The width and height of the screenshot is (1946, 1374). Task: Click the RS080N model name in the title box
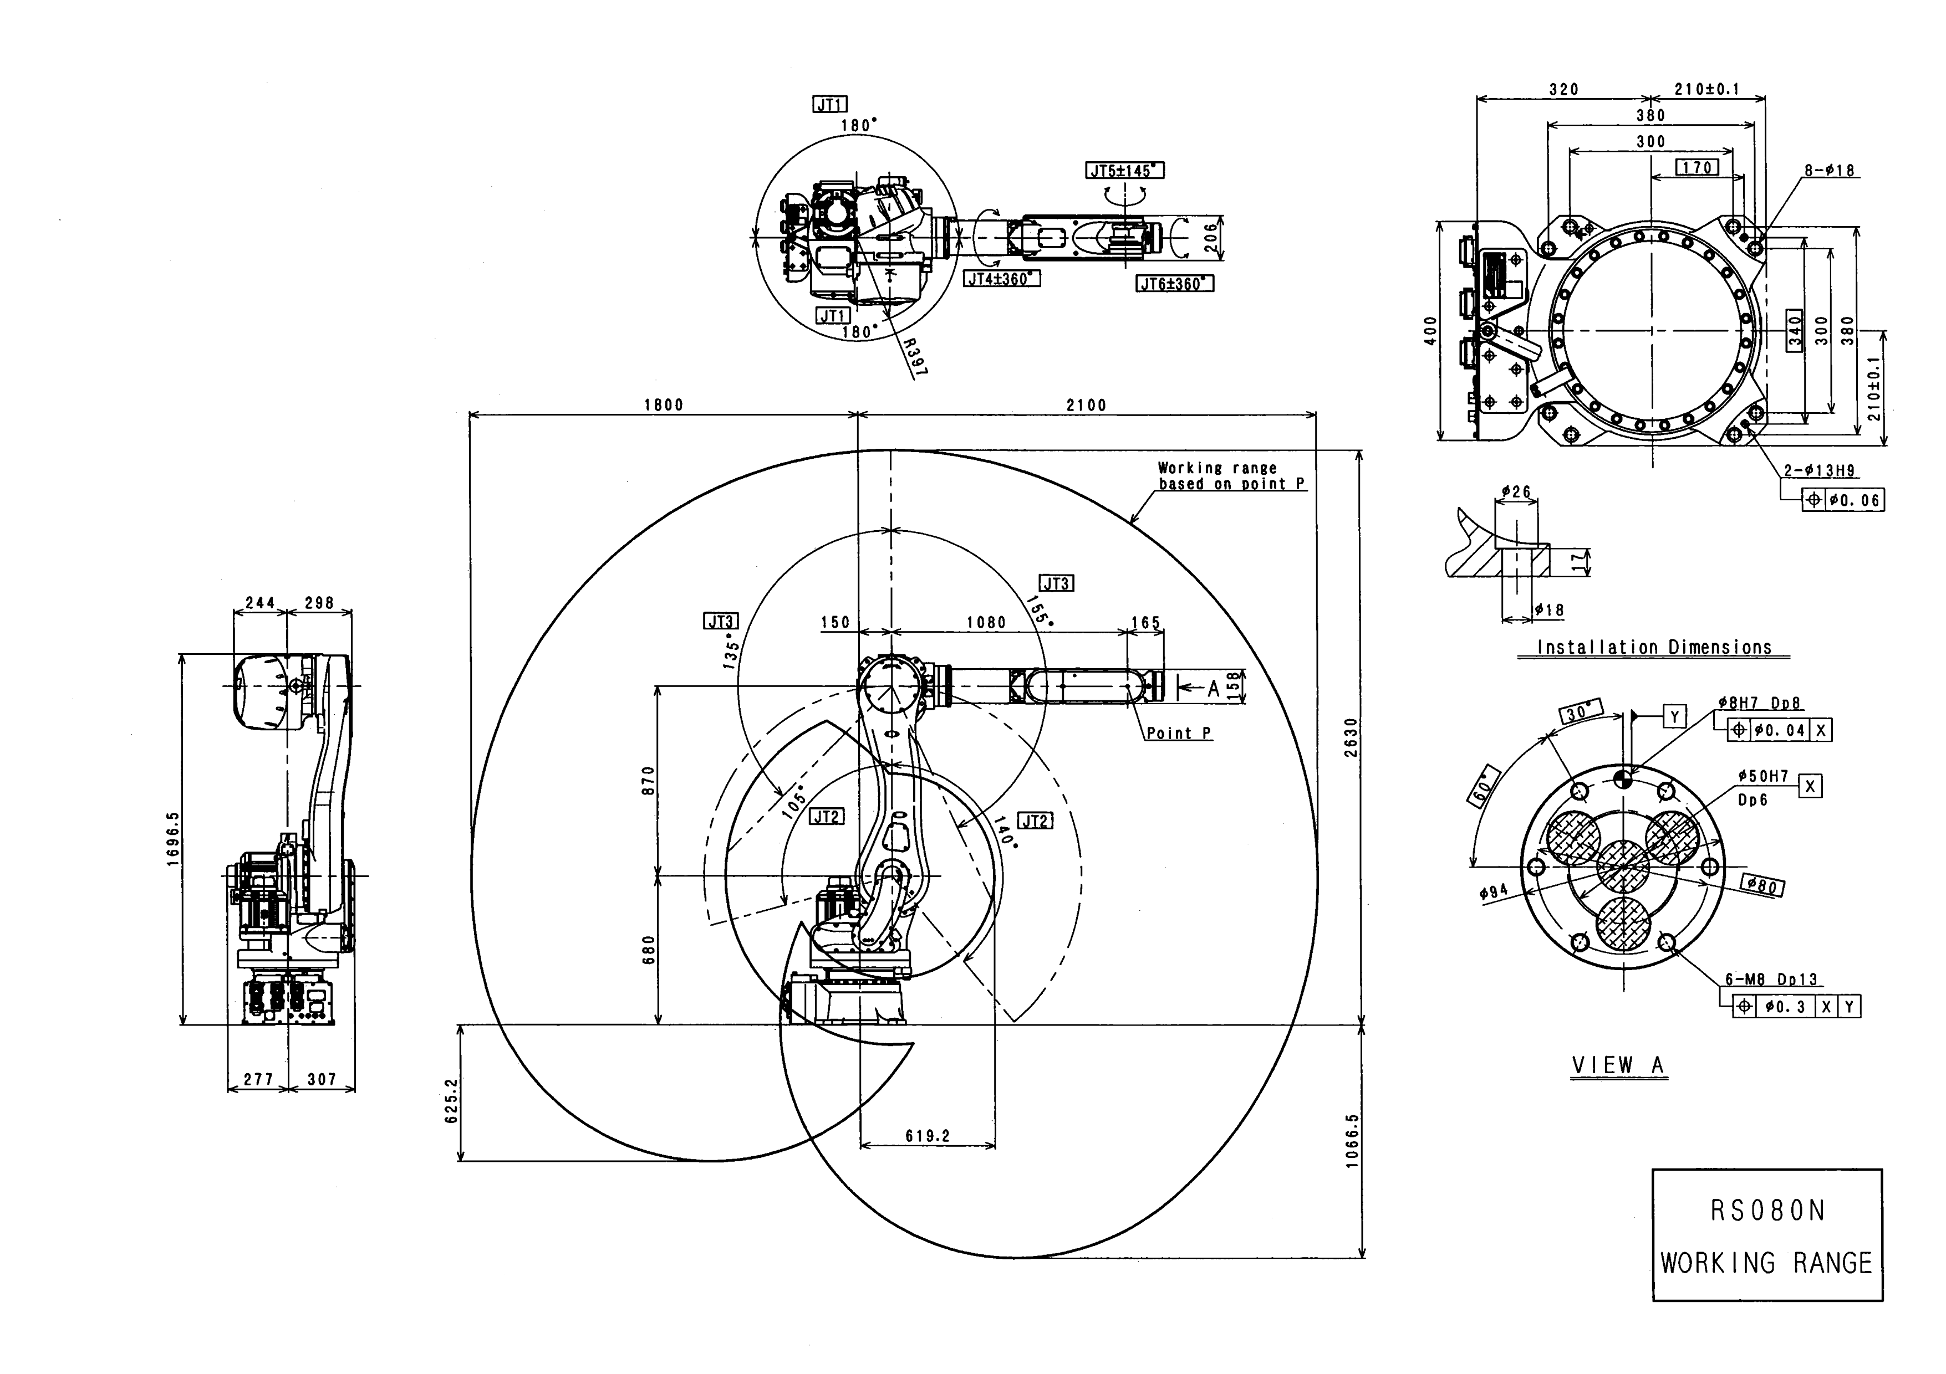(x=1767, y=1211)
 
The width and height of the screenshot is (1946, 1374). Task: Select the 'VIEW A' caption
(x=1619, y=1065)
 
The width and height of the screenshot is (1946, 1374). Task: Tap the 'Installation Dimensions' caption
(x=1654, y=648)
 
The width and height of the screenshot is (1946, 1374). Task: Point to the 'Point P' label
(x=1179, y=734)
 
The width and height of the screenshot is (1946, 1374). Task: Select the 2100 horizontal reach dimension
(x=1087, y=405)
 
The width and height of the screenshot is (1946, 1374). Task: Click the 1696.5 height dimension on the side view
(x=174, y=839)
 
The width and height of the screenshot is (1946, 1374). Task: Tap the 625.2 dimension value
(x=451, y=1100)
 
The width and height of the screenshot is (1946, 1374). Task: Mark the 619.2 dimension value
(x=927, y=1136)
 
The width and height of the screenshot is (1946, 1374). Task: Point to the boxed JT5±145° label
(x=1125, y=171)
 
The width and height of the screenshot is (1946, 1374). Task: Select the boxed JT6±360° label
(x=1174, y=284)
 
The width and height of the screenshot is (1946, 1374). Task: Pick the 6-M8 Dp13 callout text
(x=1771, y=979)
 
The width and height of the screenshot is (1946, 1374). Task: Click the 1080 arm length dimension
(x=986, y=623)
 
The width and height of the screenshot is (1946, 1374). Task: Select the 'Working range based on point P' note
(x=1231, y=476)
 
